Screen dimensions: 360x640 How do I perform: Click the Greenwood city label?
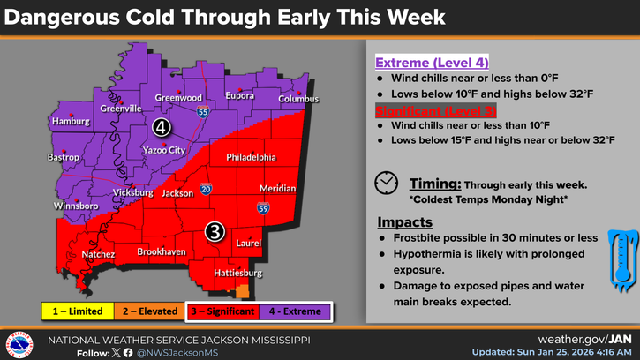(179, 98)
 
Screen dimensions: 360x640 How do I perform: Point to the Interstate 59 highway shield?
(263, 208)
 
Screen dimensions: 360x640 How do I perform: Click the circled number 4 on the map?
(161, 127)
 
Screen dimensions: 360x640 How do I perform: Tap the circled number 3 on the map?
(215, 231)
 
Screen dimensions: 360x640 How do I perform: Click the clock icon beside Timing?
(386, 183)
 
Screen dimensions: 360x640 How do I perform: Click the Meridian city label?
(278, 189)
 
